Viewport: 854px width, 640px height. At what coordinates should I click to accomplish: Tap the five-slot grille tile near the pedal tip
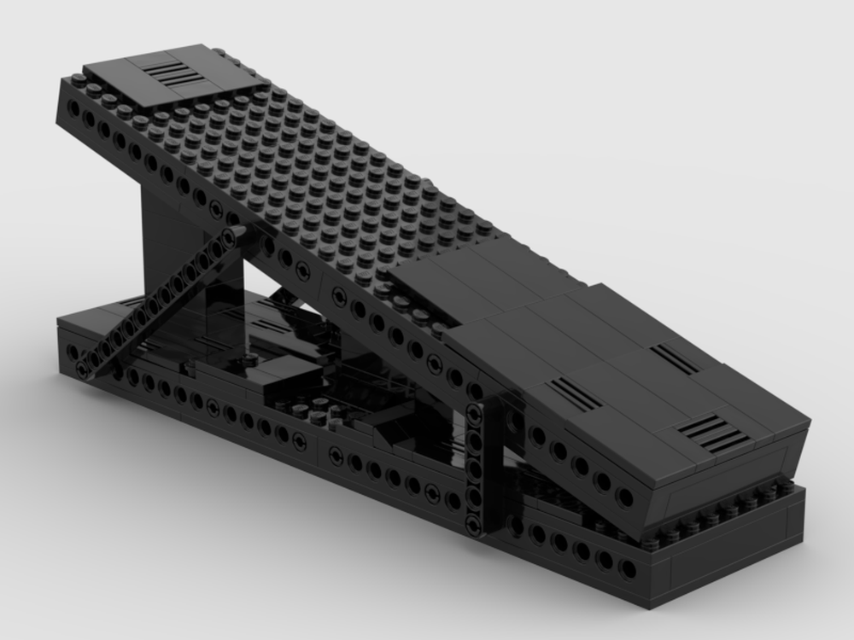(x=705, y=432)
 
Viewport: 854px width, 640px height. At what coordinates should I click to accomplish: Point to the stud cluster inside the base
(x=318, y=415)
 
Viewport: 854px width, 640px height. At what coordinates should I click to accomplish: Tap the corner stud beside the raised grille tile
(x=79, y=79)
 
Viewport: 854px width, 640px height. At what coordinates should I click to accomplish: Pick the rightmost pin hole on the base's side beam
(x=628, y=570)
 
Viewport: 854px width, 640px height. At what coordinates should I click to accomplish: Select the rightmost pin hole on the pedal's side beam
(x=625, y=497)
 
